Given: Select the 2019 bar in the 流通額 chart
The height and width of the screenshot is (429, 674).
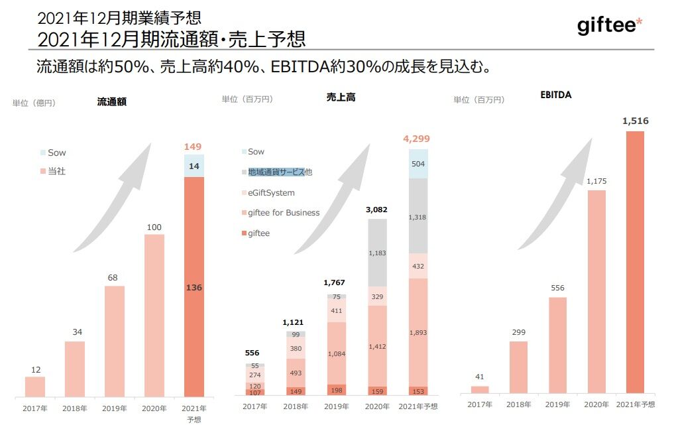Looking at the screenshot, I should pyautogui.click(x=114, y=341).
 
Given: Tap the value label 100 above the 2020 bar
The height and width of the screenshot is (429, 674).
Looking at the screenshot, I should pyautogui.click(x=154, y=227).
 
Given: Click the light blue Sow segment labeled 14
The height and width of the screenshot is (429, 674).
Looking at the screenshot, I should pyautogui.click(x=194, y=166).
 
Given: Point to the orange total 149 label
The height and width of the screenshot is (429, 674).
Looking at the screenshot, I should pyautogui.click(x=194, y=147).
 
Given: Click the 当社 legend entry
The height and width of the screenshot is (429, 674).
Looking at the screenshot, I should pyautogui.click(x=57, y=171).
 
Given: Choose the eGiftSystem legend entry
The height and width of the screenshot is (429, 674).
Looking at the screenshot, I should pyautogui.click(x=270, y=193).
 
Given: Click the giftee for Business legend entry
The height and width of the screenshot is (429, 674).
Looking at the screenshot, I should pyautogui.click(x=284, y=213).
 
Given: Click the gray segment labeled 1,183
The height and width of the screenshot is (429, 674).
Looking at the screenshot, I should pyautogui.click(x=377, y=253).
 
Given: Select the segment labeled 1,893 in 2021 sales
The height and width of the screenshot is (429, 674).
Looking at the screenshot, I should pyautogui.click(x=418, y=332).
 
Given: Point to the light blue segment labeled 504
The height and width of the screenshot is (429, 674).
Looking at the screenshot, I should pyautogui.click(x=418, y=164).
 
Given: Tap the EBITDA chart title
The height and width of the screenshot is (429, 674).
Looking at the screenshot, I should pyautogui.click(x=555, y=95).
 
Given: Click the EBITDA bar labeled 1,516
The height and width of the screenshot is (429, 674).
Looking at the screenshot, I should pyautogui.click(x=635, y=261).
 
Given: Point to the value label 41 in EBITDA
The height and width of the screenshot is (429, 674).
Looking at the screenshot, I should pyautogui.click(x=479, y=377).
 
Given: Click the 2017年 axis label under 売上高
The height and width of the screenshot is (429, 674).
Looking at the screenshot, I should pyautogui.click(x=256, y=406).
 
